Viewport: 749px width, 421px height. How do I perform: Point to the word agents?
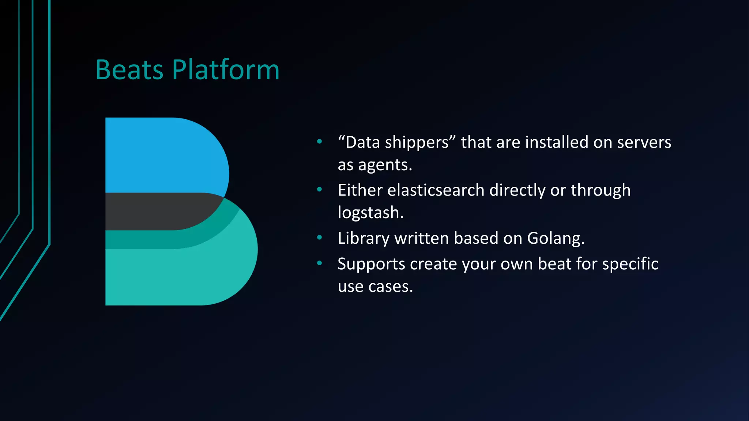pos(385,165)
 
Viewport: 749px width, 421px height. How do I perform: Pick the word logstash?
pos(370,213)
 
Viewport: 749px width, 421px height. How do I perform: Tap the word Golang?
pos(556,238)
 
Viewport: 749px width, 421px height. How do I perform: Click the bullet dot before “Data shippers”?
pos(319,141)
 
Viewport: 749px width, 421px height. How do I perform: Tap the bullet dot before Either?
pos(319,189)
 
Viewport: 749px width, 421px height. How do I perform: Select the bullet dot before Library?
pos(319,238)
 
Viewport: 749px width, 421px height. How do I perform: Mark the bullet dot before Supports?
pos(319,263)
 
